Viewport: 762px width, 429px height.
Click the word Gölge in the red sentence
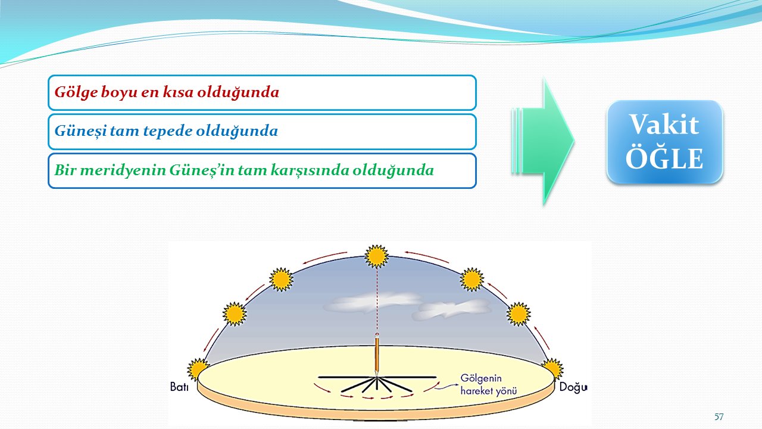(x=76, y=92)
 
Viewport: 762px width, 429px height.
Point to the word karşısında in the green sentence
(x=310, y=170)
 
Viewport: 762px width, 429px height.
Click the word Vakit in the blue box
(x=664, y=125)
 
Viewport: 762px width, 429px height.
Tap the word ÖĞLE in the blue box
(x=664, y=158)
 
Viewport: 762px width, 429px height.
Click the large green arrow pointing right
(x=543, y=141)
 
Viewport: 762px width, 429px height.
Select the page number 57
(x=719, y=416)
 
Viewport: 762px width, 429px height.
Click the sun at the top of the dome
(x=376, y=256)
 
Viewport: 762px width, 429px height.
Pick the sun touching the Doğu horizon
(x=553, y=369)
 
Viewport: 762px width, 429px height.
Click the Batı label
(x=179, y=387)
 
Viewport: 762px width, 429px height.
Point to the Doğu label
(x=573, y=387)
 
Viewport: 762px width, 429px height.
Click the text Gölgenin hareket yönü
(x=489, y=384)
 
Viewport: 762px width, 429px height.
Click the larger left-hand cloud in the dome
(x=373, y=302)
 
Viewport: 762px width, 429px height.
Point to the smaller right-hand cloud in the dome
(x=451, y=309)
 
